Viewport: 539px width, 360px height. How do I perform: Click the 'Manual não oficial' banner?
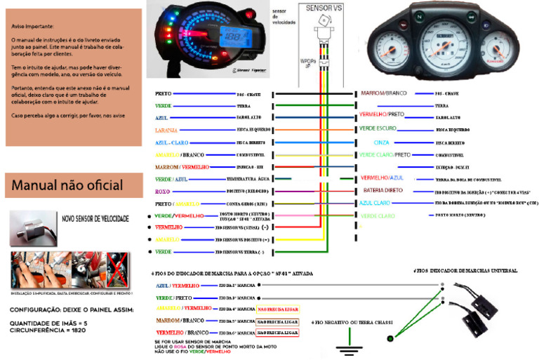67,186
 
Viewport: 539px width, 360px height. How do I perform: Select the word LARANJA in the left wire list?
166,130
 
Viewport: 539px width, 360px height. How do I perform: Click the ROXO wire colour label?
162,191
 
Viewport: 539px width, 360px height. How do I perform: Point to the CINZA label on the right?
381,142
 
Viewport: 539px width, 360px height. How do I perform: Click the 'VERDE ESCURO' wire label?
378,129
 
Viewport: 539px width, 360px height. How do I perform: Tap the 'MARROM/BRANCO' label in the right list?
383,93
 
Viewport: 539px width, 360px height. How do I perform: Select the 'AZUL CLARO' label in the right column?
375,202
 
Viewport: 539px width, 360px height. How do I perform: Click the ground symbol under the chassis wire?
345,346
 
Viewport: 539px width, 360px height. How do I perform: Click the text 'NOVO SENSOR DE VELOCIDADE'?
95,220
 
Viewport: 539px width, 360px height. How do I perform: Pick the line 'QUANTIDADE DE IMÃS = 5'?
47,323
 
